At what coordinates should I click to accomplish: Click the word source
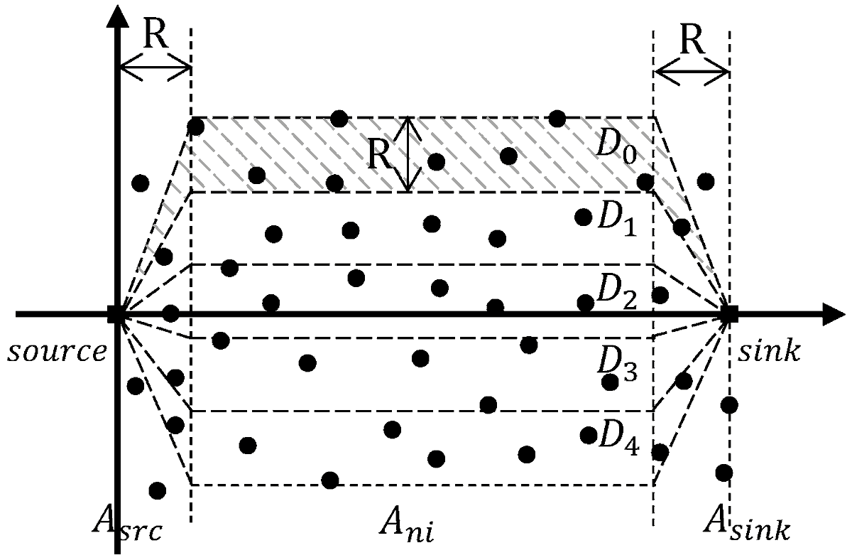(55, 350)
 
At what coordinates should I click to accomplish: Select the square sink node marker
(729, 313)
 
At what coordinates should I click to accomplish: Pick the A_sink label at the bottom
(747, 527)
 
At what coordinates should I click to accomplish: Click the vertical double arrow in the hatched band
(405, 155)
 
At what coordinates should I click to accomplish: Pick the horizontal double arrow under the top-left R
(155, 70)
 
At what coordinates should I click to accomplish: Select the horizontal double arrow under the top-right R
(692, 71)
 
